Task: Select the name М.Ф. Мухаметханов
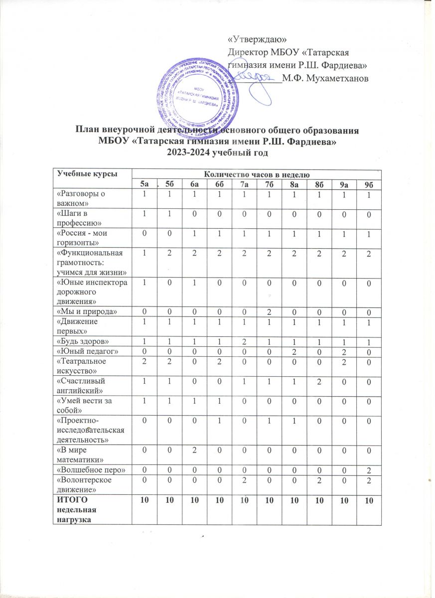click(325, 78)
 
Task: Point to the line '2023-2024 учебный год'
click(217, 153)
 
